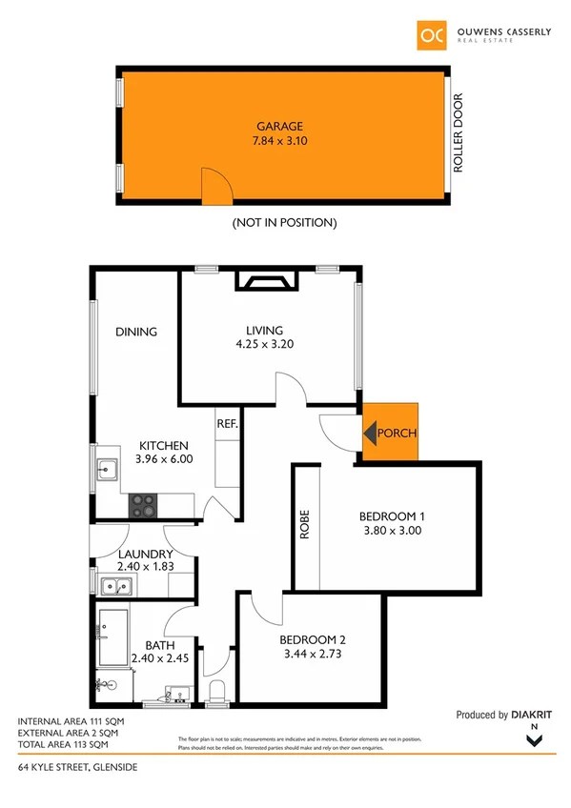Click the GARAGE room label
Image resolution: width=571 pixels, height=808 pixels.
coord(279,126)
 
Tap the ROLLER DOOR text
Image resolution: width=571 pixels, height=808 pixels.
coord(458,131)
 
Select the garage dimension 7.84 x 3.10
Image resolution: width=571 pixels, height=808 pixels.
coord(279,141)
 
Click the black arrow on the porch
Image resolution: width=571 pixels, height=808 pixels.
coord(369,434)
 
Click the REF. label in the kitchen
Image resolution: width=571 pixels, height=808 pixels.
coord(227,423)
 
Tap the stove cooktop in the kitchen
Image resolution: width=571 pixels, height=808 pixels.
coord(143,504)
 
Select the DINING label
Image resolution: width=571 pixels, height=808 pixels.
coord(136,332)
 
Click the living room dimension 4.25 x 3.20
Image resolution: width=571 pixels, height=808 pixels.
coord(265,345)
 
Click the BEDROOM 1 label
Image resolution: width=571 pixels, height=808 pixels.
coord(391,516)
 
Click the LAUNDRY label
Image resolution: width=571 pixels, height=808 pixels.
coord(146,555)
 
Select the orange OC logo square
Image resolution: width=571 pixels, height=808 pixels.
coord(430,34)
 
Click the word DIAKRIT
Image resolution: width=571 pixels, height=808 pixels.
coord(532,715)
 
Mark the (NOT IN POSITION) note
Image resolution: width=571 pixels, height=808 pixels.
coord(285,222)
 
